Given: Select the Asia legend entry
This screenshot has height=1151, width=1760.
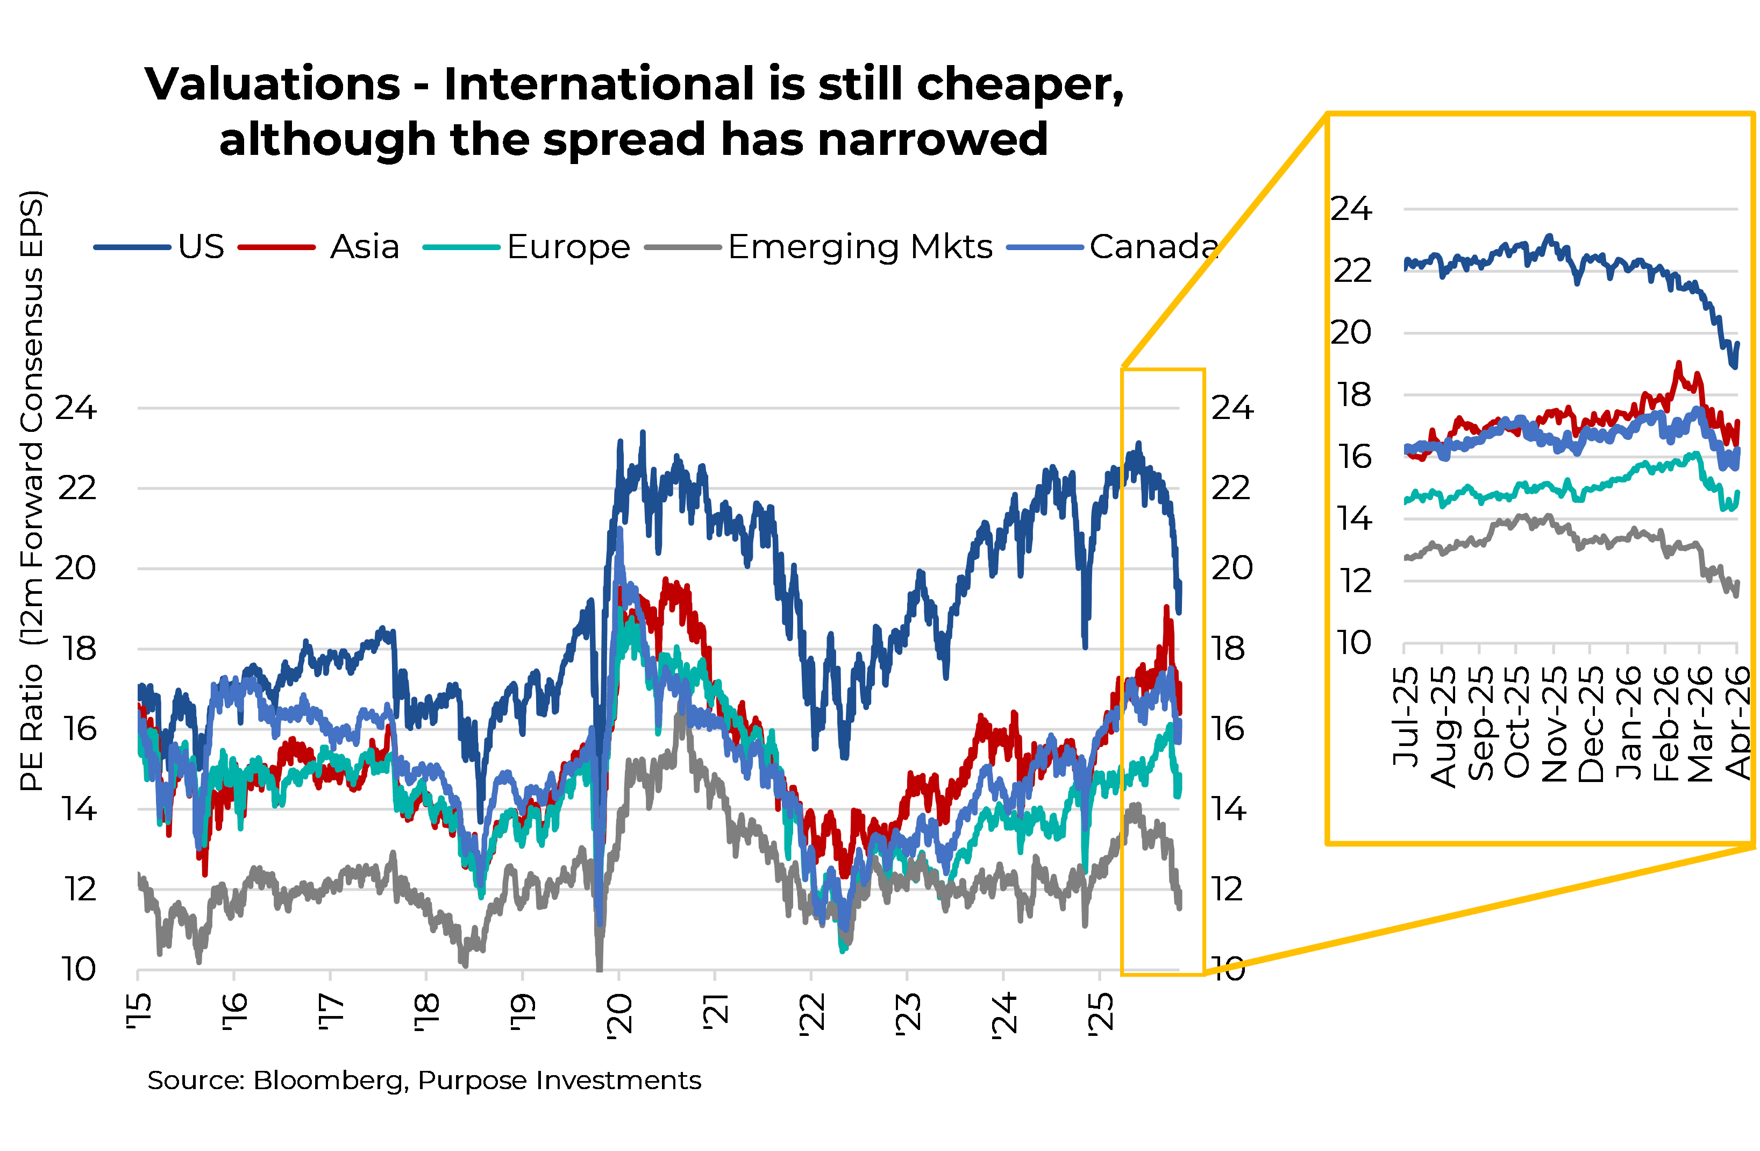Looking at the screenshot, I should click(x=364, y=246).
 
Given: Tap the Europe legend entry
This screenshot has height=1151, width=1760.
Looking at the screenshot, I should click(x=568, y=246).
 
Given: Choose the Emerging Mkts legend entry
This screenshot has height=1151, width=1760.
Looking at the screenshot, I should click(x=859, y=246).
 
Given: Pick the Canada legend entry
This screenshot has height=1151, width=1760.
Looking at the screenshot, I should click(x=1152, y=246).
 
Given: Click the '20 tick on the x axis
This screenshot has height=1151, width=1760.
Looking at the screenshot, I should click(x=619, y=1015).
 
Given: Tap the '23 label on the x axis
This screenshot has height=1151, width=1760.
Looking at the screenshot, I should click(x=908, y=1013).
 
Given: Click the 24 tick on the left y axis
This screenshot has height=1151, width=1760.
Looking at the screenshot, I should click(x=76, y=408).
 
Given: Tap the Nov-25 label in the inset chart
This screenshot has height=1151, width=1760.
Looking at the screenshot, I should click(x=1554, y=724).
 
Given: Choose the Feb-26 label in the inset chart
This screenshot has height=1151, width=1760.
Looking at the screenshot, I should click(x=1665, y=724).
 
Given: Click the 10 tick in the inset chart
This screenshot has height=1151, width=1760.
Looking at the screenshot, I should click(x=1354, y=642).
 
